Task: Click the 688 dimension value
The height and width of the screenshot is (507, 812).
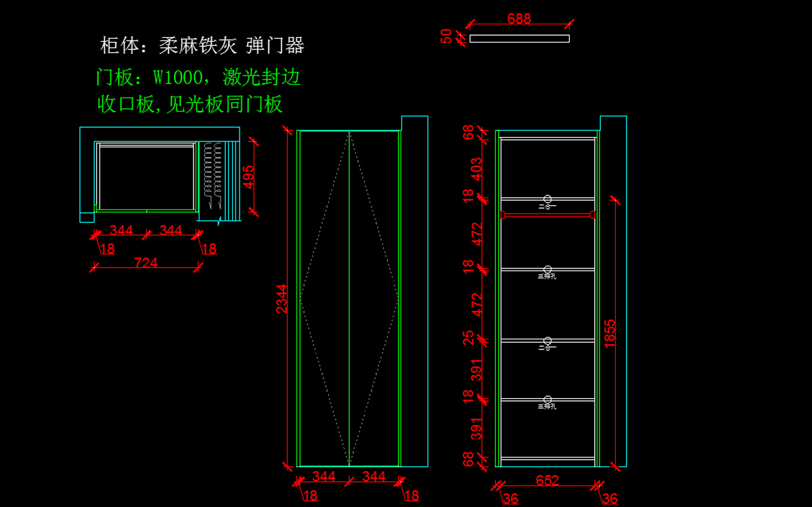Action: click(519, 19)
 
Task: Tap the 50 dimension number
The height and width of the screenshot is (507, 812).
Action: click(447, 36)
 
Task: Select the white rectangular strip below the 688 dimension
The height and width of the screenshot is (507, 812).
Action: click(519, 39)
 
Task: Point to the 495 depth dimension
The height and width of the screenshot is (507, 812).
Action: click(249, 177)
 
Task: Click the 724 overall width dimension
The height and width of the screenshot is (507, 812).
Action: click(146, 262)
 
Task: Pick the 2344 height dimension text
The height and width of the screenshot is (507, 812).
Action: click(282, 298)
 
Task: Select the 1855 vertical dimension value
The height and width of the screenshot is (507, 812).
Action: click(610, 333)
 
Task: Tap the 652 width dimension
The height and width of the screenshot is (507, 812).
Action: click(547, 481)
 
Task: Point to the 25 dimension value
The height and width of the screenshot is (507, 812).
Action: click(469, 337)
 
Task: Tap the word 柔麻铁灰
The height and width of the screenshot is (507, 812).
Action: click(198, 46)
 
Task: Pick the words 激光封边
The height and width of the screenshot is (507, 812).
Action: click(262, 78)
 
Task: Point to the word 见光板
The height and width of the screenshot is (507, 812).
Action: click(196, 105)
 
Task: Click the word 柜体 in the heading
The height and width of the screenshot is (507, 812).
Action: click(120, 46)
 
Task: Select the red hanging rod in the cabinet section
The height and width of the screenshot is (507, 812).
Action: click(547, 215)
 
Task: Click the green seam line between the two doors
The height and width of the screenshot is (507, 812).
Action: click(349, 298)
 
